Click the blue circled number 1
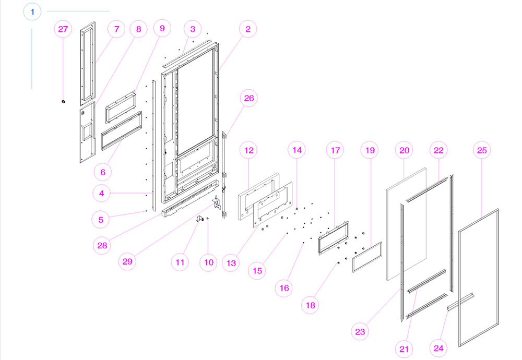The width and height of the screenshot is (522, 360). pyautogui.click(x=32, y=11)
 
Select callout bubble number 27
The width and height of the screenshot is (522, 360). pyautogui.click(x=63, y=30)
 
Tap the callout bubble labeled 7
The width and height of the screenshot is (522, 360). pyautogui.click(x=116, y=30)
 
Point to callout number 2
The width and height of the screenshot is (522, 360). pyautogui.click(x=248, y=30)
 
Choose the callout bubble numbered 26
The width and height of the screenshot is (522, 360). pyautogui.click(x=248, y=98)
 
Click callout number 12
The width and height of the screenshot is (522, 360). pyautogui.click(x=248, y=150)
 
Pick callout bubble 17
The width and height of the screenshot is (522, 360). pyautogui.click(x=335, y=150)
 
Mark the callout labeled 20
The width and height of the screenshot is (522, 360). pyautogui.click(x=405, y=150)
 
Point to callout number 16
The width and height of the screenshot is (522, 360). pyautogui.click(x=285, y=287)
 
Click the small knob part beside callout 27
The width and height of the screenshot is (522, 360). pyautogui.click(x=63, y=101)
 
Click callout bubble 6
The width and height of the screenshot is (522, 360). pyautogui.click(x=102, y=171)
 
